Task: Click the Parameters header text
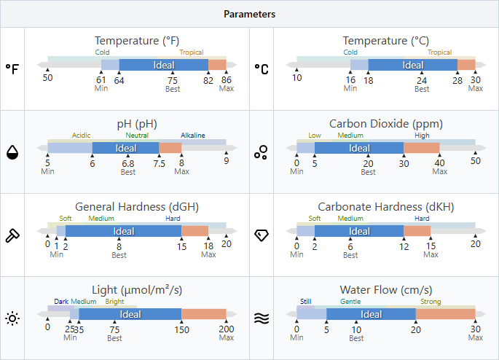pyautogui.click(x=249, y=14)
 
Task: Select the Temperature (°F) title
pyautogui.click(x=137, y=41)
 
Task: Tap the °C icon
pyautogui.click(x=261, y=69)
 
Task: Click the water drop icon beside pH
pyautogui.click(x=12, y=152)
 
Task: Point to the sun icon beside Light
pyautogui.click(x=12, y=318)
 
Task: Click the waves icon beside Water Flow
pyautogui.click(x=261, y=318)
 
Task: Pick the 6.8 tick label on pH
pyautogui.click(x=128, y=163)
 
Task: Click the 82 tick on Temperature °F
pyautogui.click(x=208, y=79)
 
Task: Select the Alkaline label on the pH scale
pyautogui.click(x=193, y=135)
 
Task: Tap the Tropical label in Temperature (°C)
pyautogui.click(x=439, y=52)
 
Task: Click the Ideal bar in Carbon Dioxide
pyautogui.click(x=359, y=148)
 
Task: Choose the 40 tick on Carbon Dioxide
pyautogui.click(x=439, y=163)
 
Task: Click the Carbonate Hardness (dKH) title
pyautogui.click(x=386, y=207)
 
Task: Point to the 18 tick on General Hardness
pyautogui.click(x=208, y=246)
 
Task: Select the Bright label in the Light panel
pyautogui.click(x=114, y=302)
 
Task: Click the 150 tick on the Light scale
pyautogui.click(x=181, y=329)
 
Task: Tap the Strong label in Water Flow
pyautogui.click(x=431, y=302)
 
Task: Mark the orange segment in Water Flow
pyautogui.click(x=445, y=314)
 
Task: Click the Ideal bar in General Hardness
pyautogui.click(x=124, y=231)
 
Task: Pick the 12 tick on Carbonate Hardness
pyautogui.click(x=404, y=246)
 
